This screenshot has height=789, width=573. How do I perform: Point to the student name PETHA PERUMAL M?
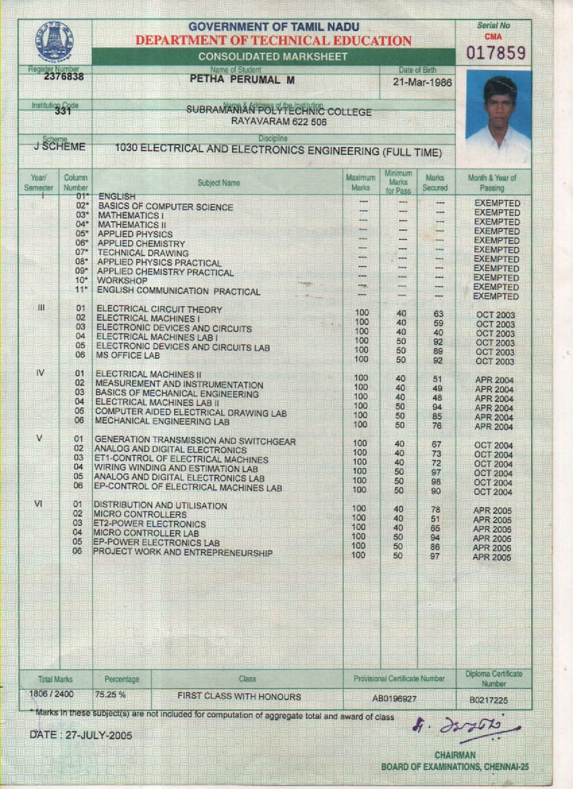pyautogui.click(x=237, y=79)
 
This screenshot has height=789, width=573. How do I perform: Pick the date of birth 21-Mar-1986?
pyautogui.click(x=423, y=83)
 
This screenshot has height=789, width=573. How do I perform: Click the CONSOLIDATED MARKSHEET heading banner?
pyautogui.click(x=273, y=57)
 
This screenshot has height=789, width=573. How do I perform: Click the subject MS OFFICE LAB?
pyautogui.click(x=128, y=355)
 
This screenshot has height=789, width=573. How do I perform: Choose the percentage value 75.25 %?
pyautogui.click(x=111, y=693)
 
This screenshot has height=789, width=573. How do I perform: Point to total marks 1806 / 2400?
pyautogui.click(x=52, y=693)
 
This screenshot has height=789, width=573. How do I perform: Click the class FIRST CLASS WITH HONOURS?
pyautogui.click(x=239, y=696)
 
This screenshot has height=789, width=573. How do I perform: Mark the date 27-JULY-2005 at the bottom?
pyautogui.click(x=81, y=734)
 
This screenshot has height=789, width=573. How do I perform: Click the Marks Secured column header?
pyautogui.click(x=435, y=183)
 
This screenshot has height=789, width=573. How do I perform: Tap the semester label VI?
pyautogui.click(x=38, y=504)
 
